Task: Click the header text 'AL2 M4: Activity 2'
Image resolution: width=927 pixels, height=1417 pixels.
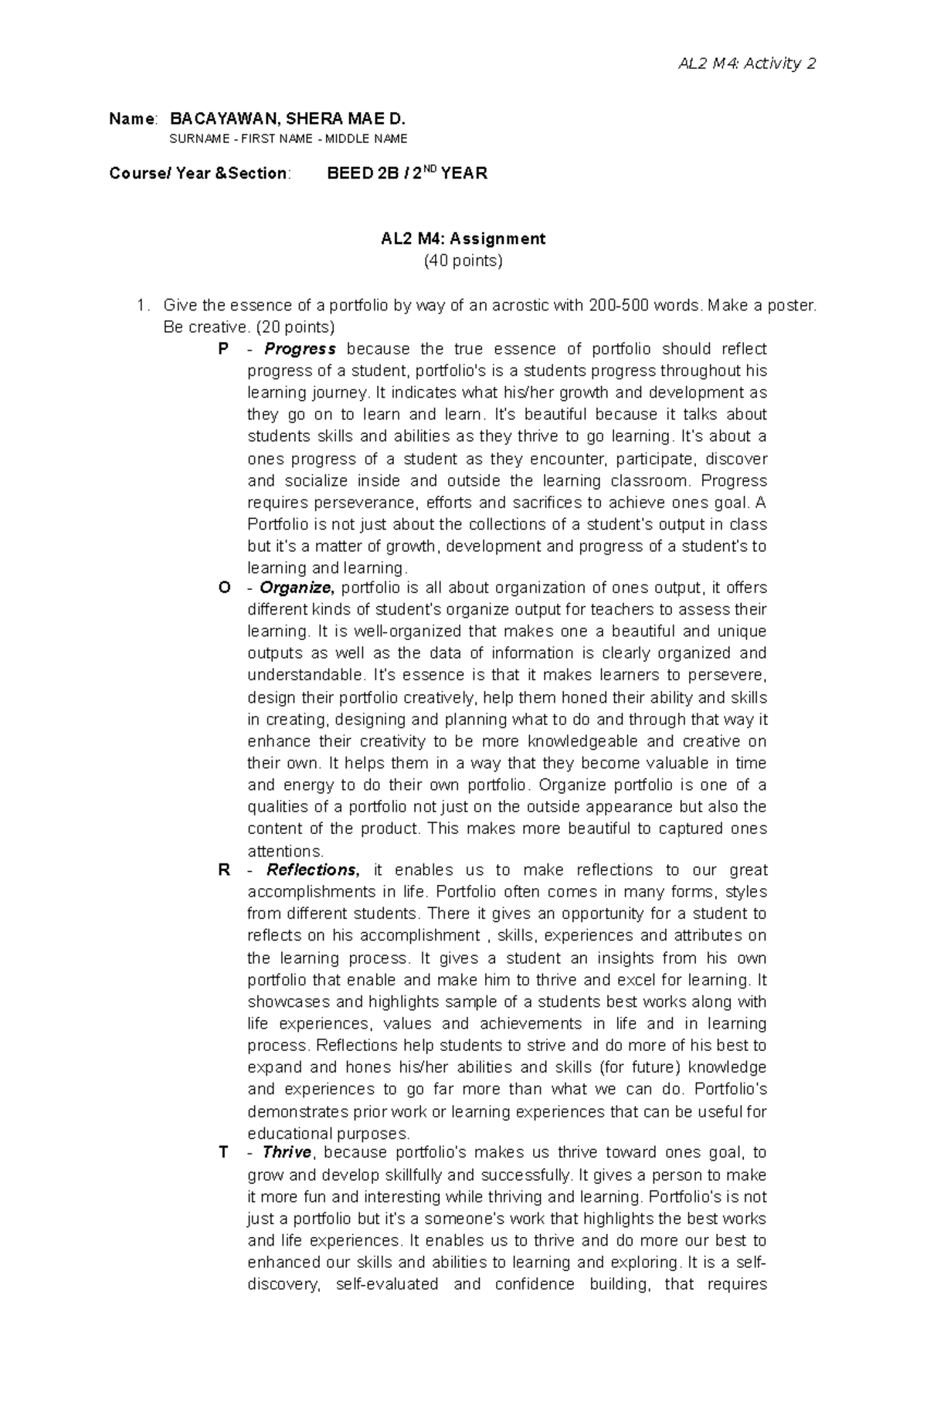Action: [x=746, y=63]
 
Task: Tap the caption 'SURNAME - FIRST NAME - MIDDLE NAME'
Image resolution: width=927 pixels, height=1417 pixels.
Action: [x=288, y=139]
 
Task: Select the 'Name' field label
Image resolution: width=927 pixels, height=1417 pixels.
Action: [x=132, y=119]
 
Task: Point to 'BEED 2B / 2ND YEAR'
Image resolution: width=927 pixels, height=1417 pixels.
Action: [x=407, y=174]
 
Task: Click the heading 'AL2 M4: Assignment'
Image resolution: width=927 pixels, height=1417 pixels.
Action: [x=463, y=239]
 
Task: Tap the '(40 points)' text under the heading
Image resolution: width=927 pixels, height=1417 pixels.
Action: [x=463, y=261]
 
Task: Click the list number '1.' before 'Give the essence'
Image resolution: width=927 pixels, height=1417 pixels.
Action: [x=141, y=306]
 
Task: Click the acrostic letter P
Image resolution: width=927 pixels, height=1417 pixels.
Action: [x=223, y=349]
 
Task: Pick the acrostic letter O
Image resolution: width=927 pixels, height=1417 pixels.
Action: [x=224, y=588]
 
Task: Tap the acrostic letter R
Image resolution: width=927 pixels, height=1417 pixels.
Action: [x=224, y=870]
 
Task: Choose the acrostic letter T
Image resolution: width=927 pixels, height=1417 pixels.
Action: [x=223, y=1153]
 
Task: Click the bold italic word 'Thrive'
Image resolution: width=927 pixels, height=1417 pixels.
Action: [x=287, y=1153]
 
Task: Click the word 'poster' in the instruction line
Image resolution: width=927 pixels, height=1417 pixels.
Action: [x=793, y=306]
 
